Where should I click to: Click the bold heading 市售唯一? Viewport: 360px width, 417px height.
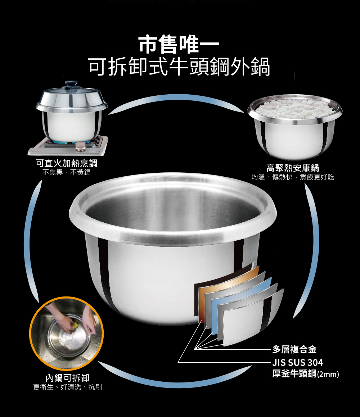coord(179,44)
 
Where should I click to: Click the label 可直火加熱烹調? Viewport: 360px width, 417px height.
coord(67,163)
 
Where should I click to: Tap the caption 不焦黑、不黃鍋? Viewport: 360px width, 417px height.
coord(67,172)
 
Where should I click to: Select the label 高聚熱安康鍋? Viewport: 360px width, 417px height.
coord(293,168)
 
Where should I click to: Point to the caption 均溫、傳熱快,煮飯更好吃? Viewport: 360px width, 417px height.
coord(293,177)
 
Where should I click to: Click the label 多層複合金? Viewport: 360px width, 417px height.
coord(294,349)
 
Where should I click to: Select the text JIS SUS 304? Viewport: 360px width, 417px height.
coord(297,362)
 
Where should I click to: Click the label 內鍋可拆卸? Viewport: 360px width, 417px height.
coord(67,378)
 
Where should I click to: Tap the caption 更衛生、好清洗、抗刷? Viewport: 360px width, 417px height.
coord(67,387)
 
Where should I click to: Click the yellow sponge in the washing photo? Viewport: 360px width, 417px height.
coord(76,325)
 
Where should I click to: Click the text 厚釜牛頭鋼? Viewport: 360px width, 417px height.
coord(294,374)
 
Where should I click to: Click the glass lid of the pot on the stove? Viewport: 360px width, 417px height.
coord(72,98)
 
